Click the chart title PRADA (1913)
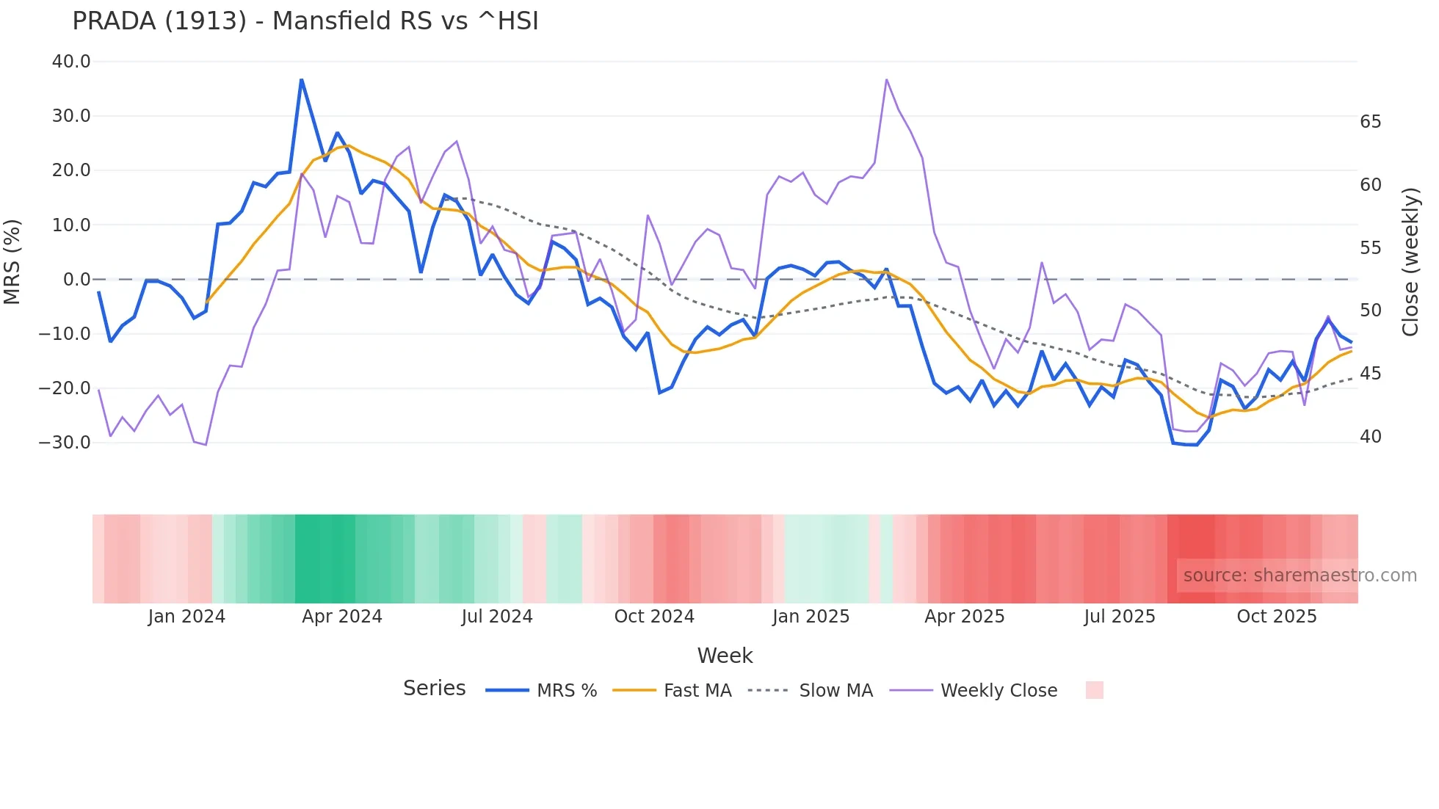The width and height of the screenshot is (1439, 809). [305, 21]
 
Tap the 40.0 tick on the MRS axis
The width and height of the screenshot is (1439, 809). [71, 62]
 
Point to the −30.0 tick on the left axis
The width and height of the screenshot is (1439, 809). [65, 443]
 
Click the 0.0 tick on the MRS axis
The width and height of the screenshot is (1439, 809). [76, 280]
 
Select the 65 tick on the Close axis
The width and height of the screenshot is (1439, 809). [1370, 122]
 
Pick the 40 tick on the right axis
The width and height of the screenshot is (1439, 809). [1370, 437]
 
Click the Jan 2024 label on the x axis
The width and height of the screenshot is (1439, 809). [186, 617]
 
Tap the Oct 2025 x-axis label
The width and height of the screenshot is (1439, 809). [1277, 617]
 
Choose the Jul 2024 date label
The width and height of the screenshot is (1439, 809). [497, 617]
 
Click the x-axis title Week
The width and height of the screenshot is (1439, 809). [725, 656]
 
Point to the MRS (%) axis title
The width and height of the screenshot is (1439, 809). [12, 261]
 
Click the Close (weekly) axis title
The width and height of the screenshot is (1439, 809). [1410, 261]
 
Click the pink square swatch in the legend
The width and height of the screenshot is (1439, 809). [1094, 690]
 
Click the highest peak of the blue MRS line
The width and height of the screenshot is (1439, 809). [301, 79]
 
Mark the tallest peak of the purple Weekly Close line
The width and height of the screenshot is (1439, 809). [887, 79]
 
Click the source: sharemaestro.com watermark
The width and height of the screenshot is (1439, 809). [1300, 576]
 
